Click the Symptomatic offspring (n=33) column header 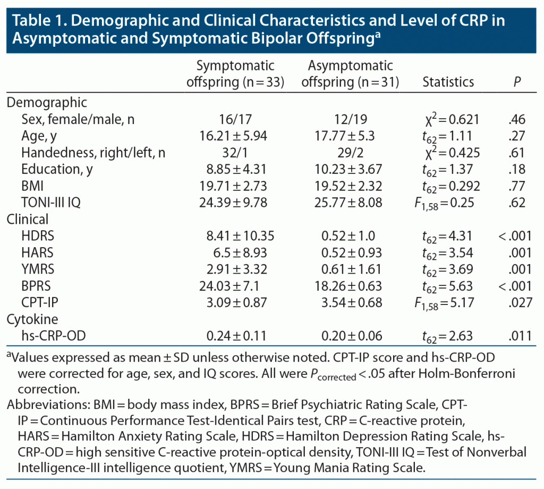pyautogui.click(x=235, y=74)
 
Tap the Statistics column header pyautogui.click(x=448, y=82)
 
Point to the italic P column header pyautogui.click(x=516, y=82)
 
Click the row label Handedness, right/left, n pyautogui.click(x=93, y=153)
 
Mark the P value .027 pyautogui.click(x=516, y=302)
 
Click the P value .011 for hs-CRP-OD pyautogui.click(x=516, y=336)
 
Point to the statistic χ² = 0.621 pyautogui.click(x=448, y=120)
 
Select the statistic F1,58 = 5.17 pyautogui.click(x=448, y=303)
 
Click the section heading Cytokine pyautogui.click(x=32, y=319)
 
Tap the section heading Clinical pyautogui.click(x=28, y=219)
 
